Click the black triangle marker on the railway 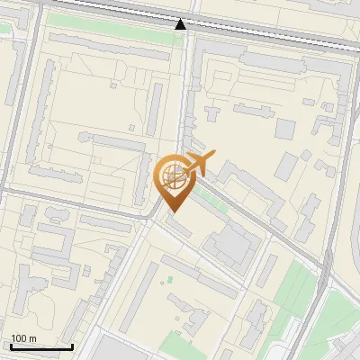click(181, 24)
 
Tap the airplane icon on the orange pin click(198, 164)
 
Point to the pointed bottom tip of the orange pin click(171, 211)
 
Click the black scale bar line click(40, 346)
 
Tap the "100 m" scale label click(24, 338)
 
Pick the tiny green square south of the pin click(168, 279)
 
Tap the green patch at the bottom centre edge click(184, 346)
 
